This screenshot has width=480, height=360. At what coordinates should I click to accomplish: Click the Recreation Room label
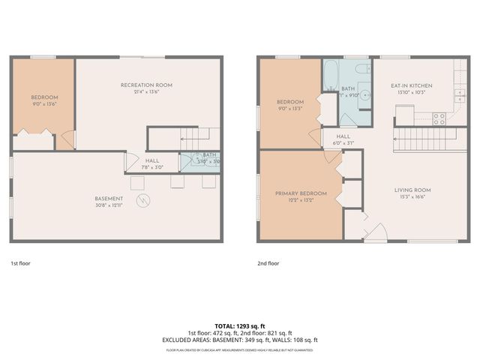tap(146, 85)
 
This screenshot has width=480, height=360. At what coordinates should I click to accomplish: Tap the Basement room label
tap(109, 199)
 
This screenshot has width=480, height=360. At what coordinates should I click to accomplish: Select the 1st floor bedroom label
tap(44, 97)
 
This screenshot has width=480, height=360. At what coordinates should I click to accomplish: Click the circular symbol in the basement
tap(143, 200)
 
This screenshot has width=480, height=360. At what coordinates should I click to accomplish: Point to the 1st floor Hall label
tap(151, 160)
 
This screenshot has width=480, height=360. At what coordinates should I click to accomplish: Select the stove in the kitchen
tap(439, 118)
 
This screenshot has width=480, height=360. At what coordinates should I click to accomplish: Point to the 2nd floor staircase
tap(425, 139)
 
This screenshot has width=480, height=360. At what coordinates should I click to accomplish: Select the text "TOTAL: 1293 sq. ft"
tap(239, 326)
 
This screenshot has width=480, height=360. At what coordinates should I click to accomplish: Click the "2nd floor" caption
tap(268, 264)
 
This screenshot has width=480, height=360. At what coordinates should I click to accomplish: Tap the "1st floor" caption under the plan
tap(20, 264)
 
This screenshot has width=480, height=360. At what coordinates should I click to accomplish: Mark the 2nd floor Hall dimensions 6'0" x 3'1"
tap(333, 143)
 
